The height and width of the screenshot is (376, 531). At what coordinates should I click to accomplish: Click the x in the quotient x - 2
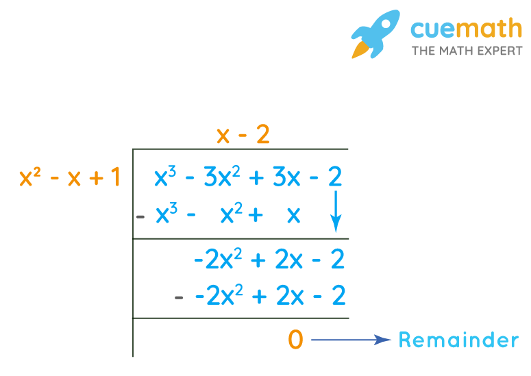tap(223, 136)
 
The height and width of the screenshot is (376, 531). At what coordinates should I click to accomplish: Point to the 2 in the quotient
tap(262, 136)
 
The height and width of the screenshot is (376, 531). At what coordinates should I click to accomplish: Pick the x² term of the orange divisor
tap(29, 178)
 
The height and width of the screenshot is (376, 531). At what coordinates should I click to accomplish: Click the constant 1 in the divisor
tap(114, 178)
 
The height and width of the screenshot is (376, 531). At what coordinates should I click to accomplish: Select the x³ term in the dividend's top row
tap(164, 178)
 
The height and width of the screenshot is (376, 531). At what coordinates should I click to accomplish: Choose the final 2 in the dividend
tap(335, 178)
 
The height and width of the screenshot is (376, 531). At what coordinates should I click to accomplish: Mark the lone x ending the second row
tap(293, 215)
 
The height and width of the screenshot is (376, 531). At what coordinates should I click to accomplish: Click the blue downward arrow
tap(336, 214)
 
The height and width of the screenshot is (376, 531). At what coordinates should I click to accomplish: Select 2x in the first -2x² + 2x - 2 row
tap(287, 260)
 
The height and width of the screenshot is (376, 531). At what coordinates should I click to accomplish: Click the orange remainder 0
tap(295, 340)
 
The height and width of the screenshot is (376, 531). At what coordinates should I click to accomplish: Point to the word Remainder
tap(458, 340)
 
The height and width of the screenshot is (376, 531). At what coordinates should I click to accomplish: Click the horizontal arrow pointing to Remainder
tap(351, 340)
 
